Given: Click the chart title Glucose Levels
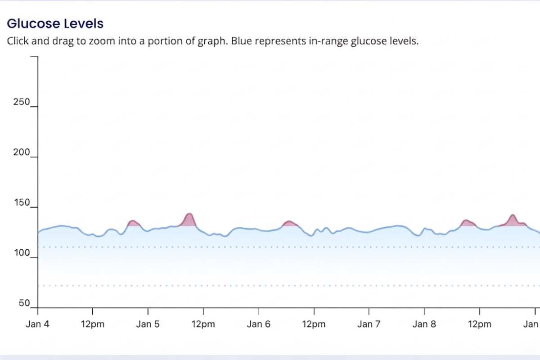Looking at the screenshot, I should pyautogui.click(x=55, y=23).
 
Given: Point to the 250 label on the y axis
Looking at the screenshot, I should pyautogui.click(x=21, y=103).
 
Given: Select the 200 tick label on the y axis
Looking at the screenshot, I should pyautogui.click(x=21, y=153).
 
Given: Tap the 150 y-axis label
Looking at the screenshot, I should pyautogui.click(x=21, y=203).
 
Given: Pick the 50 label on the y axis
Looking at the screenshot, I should pyautogui.click(x=24, y=304).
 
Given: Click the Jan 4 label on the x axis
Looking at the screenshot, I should pyautogui.click(x=37, y=324).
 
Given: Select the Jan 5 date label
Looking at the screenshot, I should pyautogui.click(x=148, y=324).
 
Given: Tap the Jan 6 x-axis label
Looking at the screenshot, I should pyautogui.click(x=258, y=324).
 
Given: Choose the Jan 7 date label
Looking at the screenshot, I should pyautogui.click(x=369, y=324).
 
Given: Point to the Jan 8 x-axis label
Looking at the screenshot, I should pyautogui.click(x=424, y=324).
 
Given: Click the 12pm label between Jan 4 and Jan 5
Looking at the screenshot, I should pyautogui.click(x=93, y=324).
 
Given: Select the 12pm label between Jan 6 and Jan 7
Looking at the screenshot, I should pyautogui.click(x=314, y=324).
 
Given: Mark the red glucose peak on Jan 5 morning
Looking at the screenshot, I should pyautogui.click(x=189, y=220).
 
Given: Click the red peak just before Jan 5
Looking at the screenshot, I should pyautogui.click(x=133, y=223).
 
